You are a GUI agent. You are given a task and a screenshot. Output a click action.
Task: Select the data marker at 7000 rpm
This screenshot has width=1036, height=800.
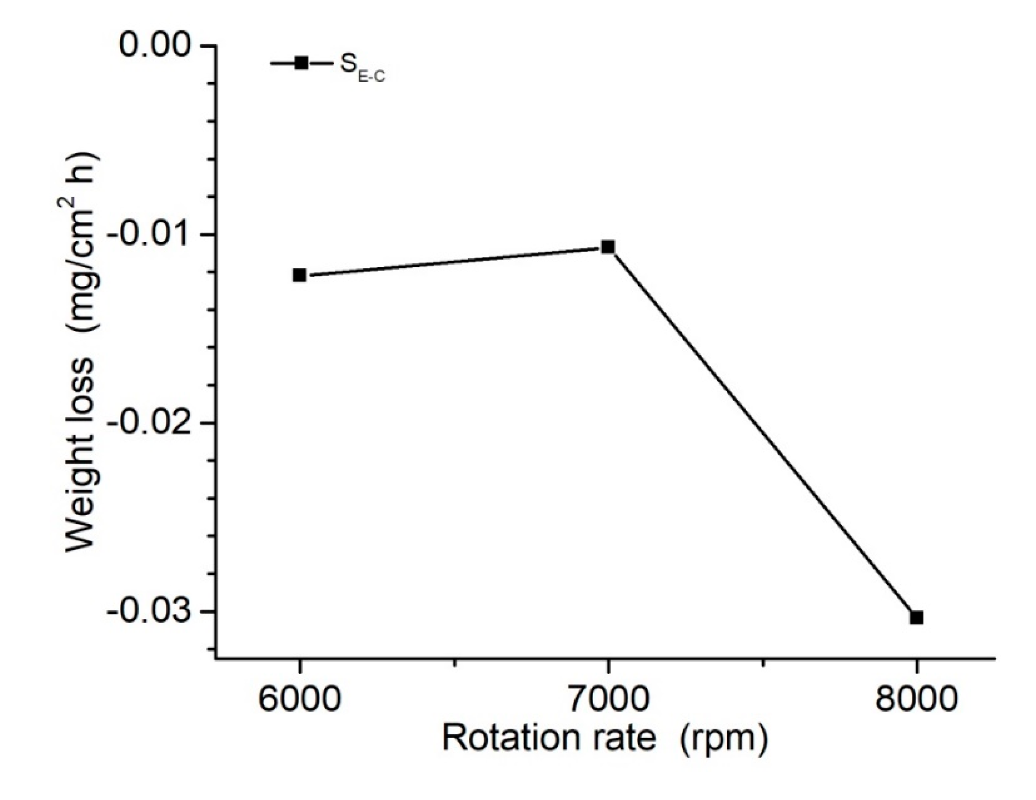click(x=608, y=247)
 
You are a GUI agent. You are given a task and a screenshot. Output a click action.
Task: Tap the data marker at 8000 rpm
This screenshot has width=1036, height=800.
click(x=917, y=618)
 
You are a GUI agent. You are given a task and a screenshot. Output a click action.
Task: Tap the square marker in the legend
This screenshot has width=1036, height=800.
click(x=301, y=62)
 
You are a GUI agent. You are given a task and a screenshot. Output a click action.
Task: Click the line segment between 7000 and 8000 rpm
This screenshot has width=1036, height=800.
click(x=762, y=432)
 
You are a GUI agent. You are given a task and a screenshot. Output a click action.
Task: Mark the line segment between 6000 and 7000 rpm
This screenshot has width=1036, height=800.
click(x=453, y=261)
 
